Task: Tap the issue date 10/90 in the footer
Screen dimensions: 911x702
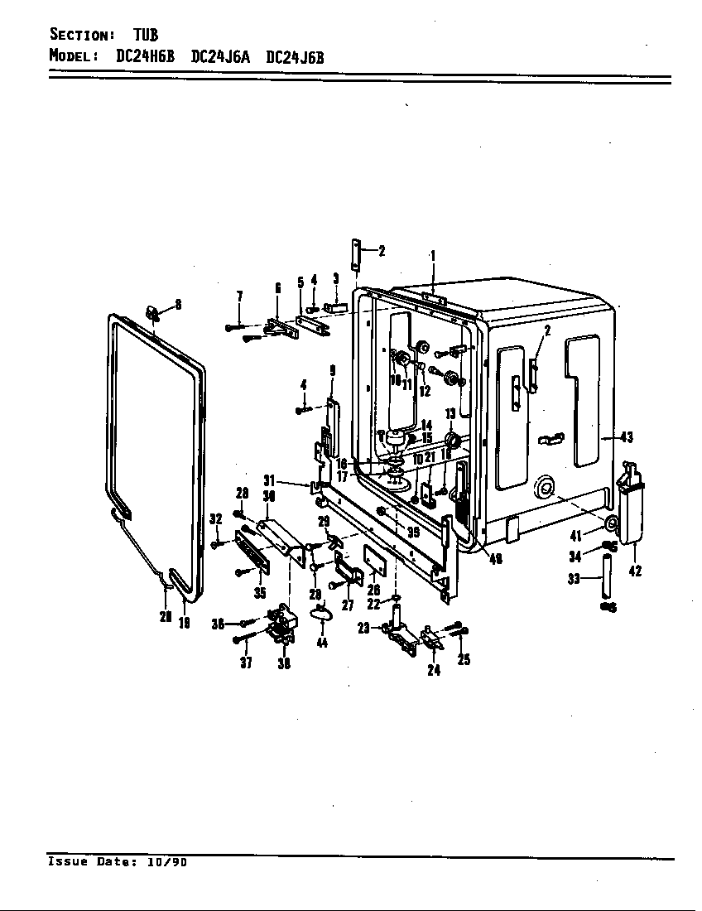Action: tap(167, 862)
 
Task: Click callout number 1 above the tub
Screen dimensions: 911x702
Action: tap(432, 257)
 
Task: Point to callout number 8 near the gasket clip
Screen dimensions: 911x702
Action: tap(178, 305)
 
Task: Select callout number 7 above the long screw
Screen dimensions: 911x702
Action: tap(239, 296)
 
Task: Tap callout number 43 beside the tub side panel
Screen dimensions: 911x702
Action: tap(626, 436)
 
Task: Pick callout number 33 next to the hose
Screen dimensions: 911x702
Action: tap(574, 580)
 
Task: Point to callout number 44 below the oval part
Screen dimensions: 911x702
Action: tap(321, 643)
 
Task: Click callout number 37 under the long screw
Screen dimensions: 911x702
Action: tap(246, 663)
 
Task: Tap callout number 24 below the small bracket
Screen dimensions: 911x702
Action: tap(434, 670)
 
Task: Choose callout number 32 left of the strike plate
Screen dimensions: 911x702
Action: tap(215, 519)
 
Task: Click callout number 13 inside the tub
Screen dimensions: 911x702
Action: tap(450, 413)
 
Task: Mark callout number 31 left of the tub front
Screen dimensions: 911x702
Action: tap(269, 480)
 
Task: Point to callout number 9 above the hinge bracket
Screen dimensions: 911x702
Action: tap(332, 370)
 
